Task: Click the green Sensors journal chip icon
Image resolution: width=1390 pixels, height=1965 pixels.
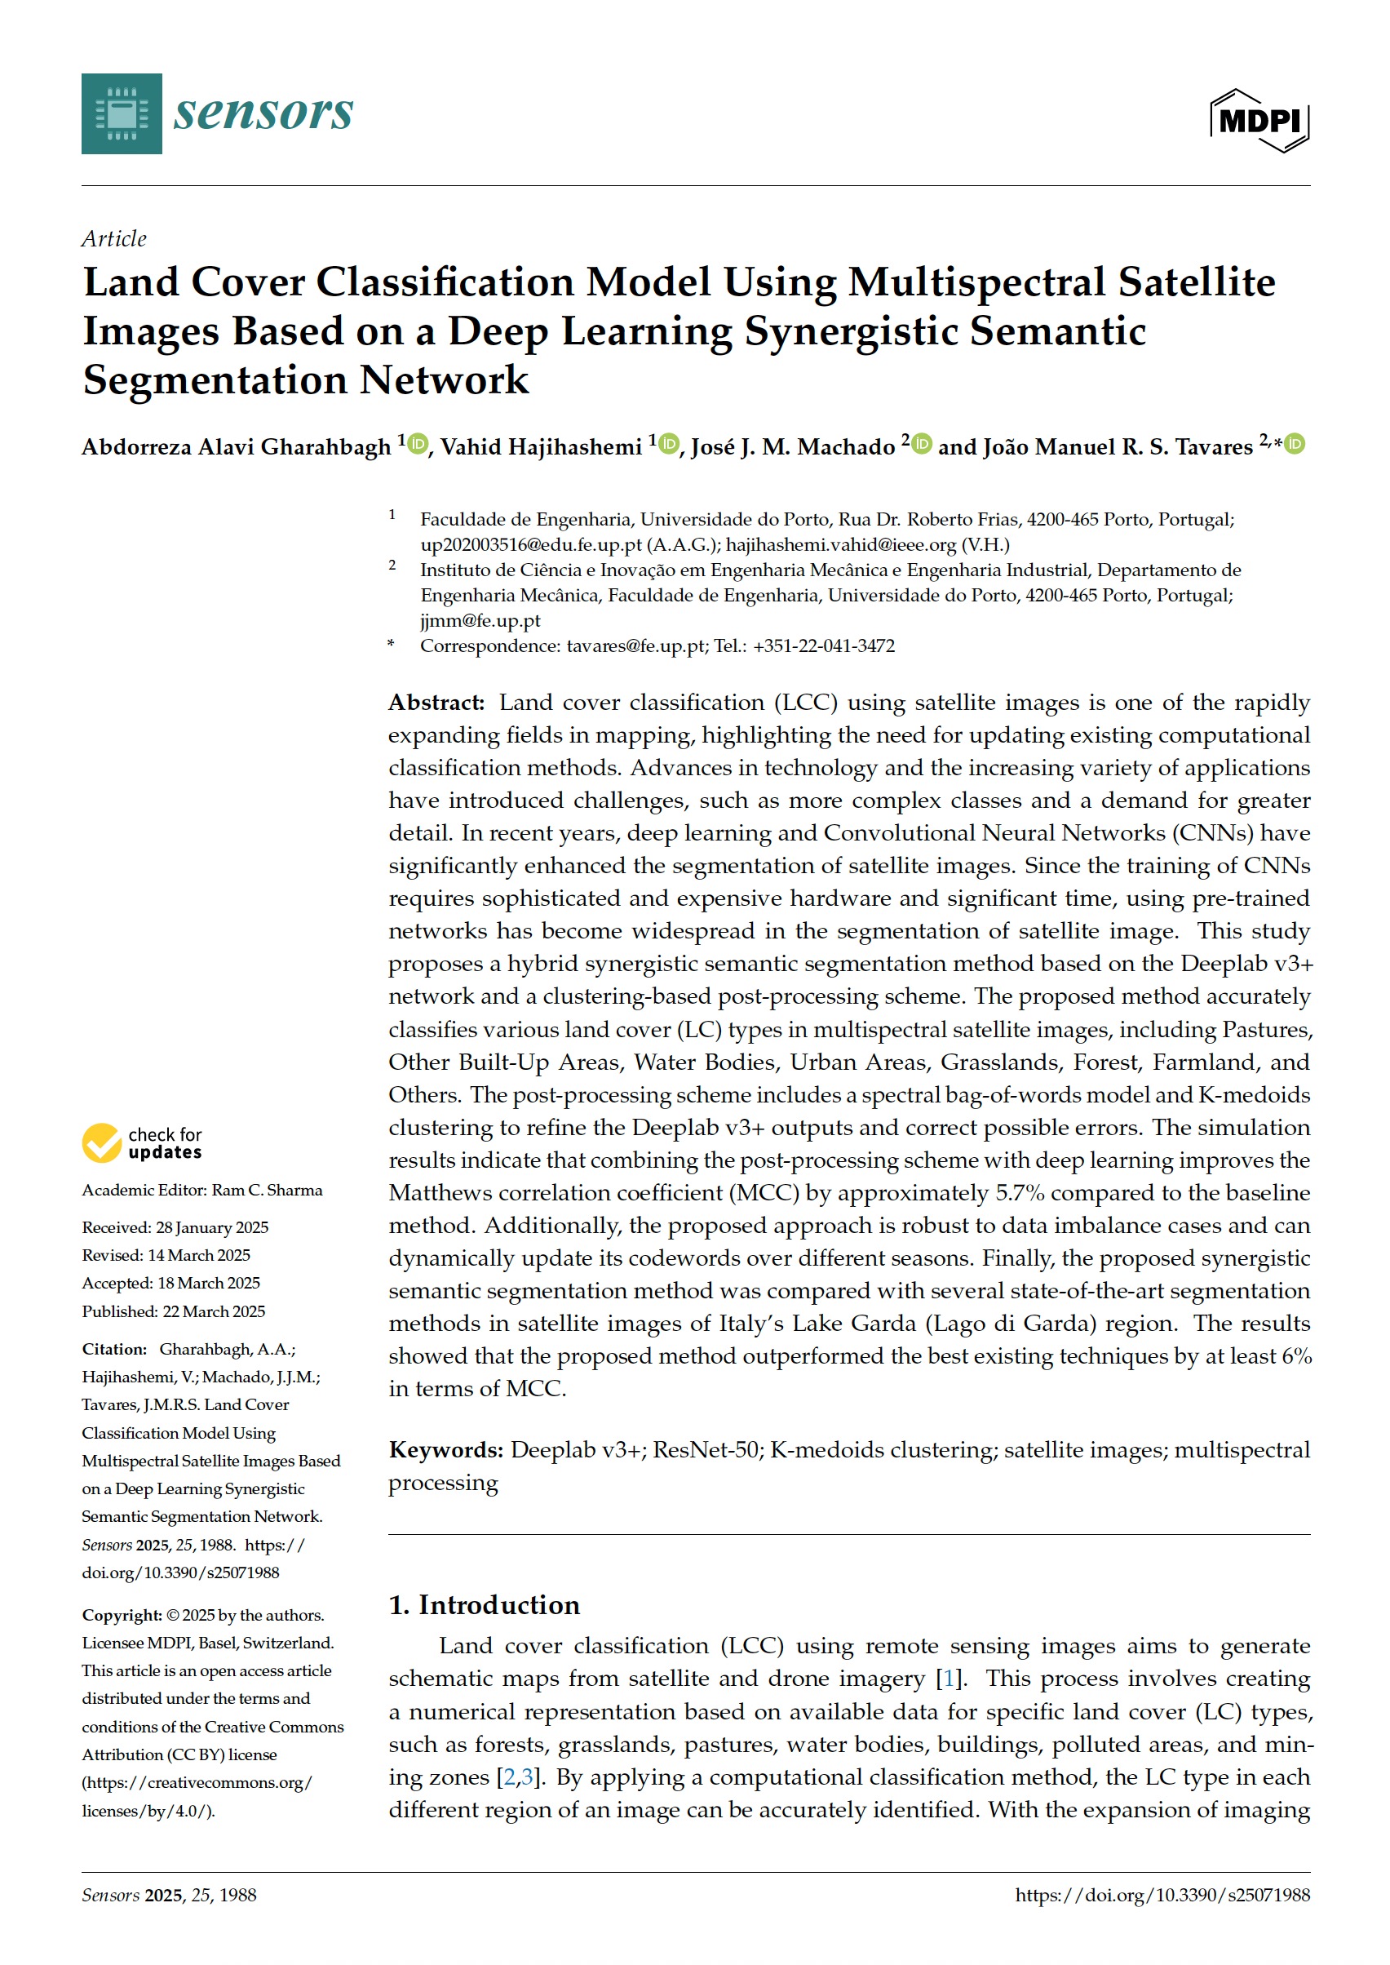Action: (x=122, y=114)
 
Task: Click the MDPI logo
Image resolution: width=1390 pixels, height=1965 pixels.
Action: (x=1258, y=121)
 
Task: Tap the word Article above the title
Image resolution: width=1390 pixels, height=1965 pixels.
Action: (x=114, y=238)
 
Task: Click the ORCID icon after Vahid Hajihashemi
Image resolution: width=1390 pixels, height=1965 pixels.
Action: (x=668, y=444)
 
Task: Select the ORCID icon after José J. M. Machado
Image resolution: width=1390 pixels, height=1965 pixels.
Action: (x=921, y=444)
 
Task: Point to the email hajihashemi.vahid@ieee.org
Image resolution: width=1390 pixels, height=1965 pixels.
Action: (x=840, y=544)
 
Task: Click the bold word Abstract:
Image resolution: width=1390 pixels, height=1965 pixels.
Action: (x=436, y=703)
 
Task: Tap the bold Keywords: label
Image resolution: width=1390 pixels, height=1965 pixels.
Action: (x=446, y=1449)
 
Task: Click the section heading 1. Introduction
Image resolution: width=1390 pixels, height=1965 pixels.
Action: (x=484, y=1604)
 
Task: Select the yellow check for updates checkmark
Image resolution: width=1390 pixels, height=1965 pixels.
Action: (x=102, y=1143)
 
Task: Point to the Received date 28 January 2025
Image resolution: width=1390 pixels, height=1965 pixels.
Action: (x=211, y=1227)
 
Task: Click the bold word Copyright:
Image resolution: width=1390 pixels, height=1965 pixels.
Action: (x=122, y=1615)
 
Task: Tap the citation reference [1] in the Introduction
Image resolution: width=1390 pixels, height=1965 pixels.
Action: (x=946, y=1679)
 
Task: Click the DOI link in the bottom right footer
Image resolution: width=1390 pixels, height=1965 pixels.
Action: (x=1162, y=1895)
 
